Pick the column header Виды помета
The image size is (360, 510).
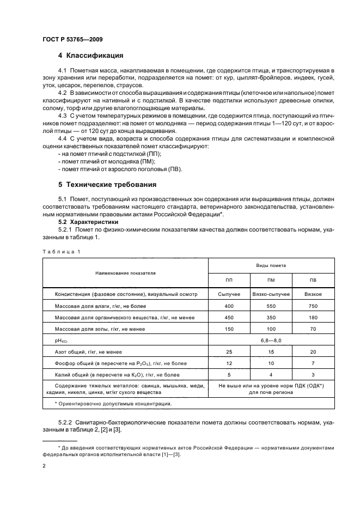coord(271,264)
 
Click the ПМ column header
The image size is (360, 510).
coord(271,281)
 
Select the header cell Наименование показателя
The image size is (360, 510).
coord(126,272)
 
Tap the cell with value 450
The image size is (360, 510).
coord(229,318)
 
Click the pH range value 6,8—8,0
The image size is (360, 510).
coord(271,341)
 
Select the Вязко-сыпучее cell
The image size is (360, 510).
coord(271,294)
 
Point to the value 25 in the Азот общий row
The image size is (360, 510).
coord(229,352)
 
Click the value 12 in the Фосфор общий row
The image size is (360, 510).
coord(229,363)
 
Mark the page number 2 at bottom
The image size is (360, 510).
coord(44,466)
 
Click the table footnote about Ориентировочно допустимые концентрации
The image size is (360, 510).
coord(113,403)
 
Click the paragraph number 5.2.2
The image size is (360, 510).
coord(68,422)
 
